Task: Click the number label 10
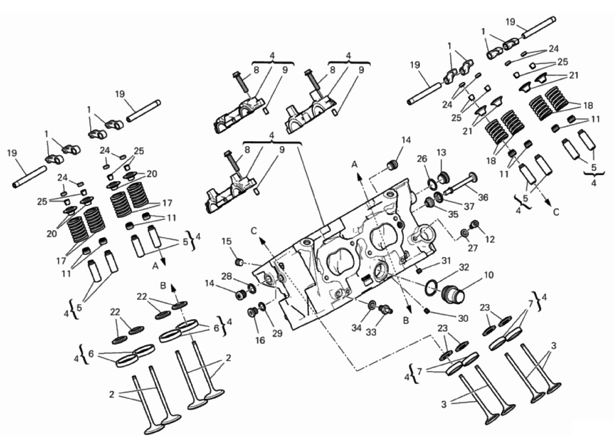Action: point(488,275)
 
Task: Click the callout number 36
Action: point(483,197)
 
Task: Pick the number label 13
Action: point(441,152)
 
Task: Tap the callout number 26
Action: point(422,159)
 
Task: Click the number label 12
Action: point(489,239)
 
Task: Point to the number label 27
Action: point(473,248)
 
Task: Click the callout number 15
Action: point(227,242)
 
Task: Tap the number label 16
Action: point(260,340)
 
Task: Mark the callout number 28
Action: point(227,277)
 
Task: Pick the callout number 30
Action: point(463,319)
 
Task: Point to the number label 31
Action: point(446,260)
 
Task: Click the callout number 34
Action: point(356,328)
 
